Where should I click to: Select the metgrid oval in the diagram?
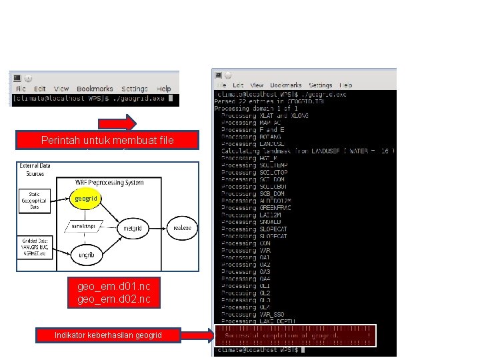coord(133,228)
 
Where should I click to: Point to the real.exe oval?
coord(181,228)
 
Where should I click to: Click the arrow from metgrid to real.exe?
coord(158,228)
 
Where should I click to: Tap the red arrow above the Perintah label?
coord(118,123)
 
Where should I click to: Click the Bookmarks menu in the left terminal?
coord(95,89)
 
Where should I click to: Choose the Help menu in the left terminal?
coord(163,89)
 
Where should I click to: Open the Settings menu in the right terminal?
coord(320,85)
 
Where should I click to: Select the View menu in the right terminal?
coord(257,85)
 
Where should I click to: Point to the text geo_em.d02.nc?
coord(113,299)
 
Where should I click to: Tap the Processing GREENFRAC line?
coord(259,207)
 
